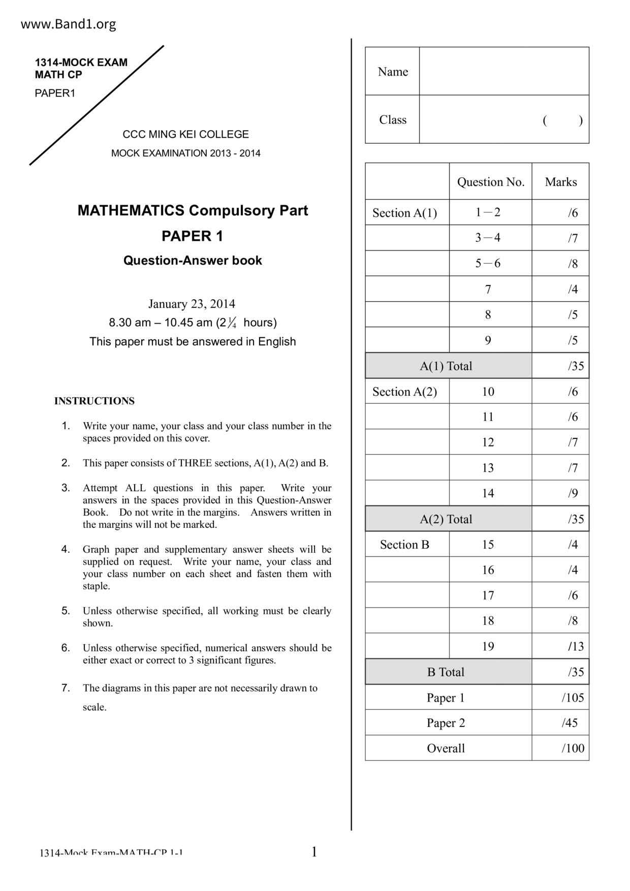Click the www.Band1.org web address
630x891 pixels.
pyautogui.click(x=69, y=24)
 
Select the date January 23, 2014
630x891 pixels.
pyautogui.click(x=192, y=304)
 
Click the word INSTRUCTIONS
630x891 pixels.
pyautogui.click(x=94, y=401)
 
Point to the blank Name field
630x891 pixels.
pyautogui.click(x=503, y=71)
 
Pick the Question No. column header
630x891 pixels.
pyautogui.click(x=490, y=182)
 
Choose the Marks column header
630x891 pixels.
pyautogui.click(x=560, y=182)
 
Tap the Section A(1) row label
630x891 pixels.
pyautogui.click(x=404, y=213)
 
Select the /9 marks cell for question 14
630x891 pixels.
pyautogui.click(x=573, y=493)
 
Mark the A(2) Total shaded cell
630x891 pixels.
pyautogui.click(x=446, y=519)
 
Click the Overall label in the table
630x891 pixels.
pyautogui.click(x=446, y=748)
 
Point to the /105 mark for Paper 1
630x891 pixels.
pyautogui.click(x=573, y=697)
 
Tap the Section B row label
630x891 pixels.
pyautogui.click(x=404, y=545)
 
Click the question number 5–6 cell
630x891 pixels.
pyautogui.click(x=488, y=264)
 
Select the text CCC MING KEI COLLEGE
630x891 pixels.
pyautogui.click(x=185, y=135)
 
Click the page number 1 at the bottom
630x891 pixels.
pyautogui.click(x=314, y=852)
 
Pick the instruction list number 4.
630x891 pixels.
pyautogui.click(x=66, y=549)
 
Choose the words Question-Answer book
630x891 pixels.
pyautogui.click(x=193, y=261)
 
